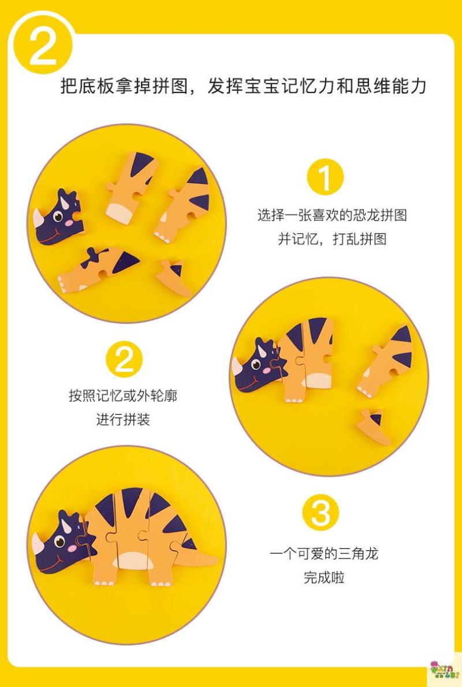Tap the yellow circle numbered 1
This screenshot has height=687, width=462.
coord(325,177)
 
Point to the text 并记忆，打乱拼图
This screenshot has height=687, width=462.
coord(332,239)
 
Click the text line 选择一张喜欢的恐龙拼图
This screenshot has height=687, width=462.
coord(332,215)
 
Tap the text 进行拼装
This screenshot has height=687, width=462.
coord(123,419)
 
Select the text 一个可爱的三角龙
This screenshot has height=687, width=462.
coord(324,554)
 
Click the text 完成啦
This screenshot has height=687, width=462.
coord(325,577)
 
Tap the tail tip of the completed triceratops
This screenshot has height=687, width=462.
coord(215,559)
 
